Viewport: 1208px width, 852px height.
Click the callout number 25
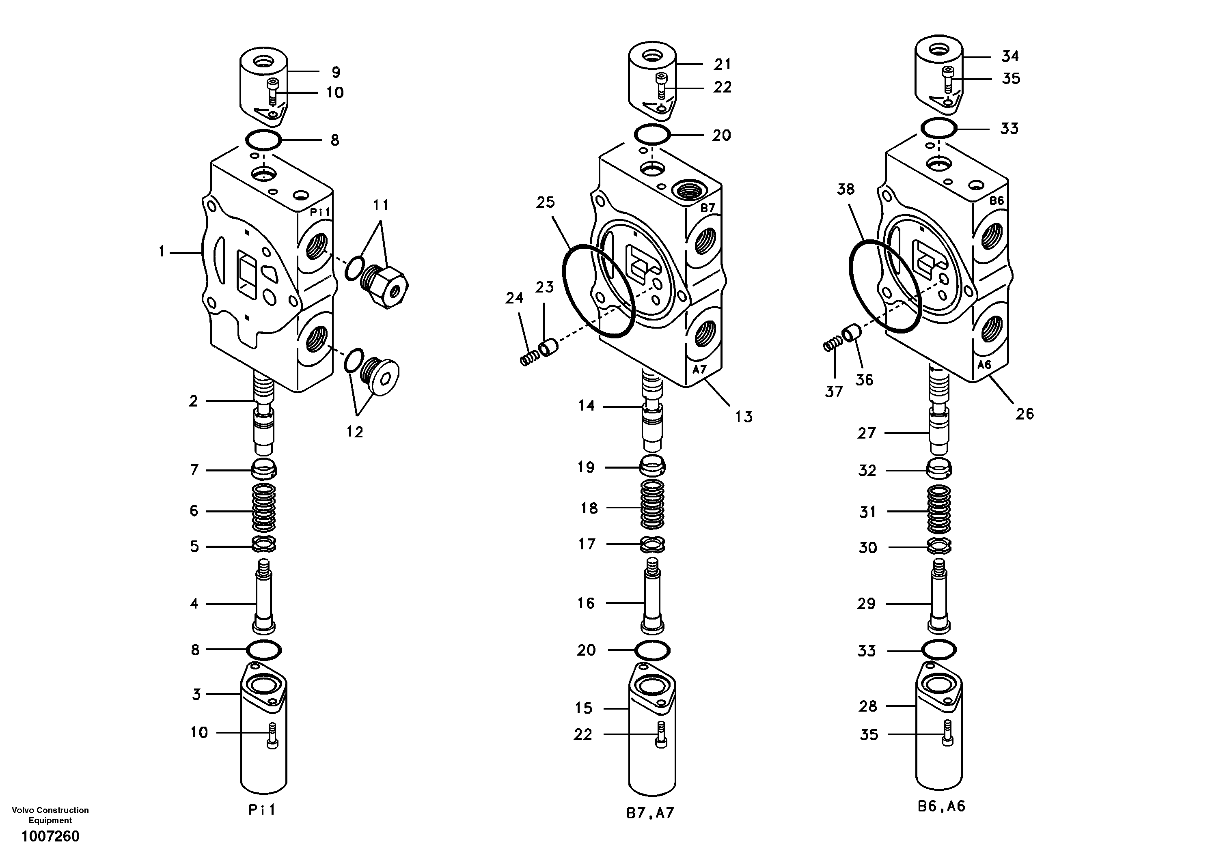click(546, 202)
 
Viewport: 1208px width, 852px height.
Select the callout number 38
click(846, 189)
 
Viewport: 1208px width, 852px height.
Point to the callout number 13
click(743, 417)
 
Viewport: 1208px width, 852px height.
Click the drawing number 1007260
click(50, 836)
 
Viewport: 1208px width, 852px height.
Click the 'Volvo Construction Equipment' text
click(50, 815)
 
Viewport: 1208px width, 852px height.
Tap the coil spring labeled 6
click(264, 509)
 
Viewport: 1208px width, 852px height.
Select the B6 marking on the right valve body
click(997, 200)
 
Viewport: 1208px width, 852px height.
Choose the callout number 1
click(162, 252)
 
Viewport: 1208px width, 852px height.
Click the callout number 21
click(723, 64)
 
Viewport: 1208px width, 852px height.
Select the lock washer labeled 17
click(652, 544)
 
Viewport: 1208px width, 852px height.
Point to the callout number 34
click(1010, 56)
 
